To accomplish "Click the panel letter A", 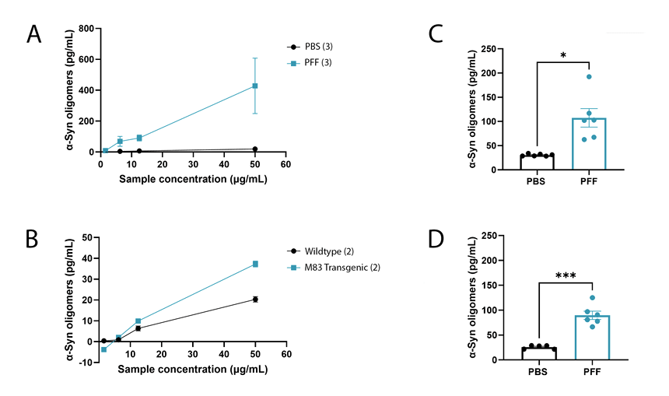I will (34, 34).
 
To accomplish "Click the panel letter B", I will (34, 239).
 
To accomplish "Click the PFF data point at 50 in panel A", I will (254, 86).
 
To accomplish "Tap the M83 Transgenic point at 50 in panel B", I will (255, 264).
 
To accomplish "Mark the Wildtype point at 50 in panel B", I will (255, 300).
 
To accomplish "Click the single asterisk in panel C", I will (563, 56).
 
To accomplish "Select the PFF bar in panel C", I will (589, 144).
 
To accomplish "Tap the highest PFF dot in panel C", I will (589, 76).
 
